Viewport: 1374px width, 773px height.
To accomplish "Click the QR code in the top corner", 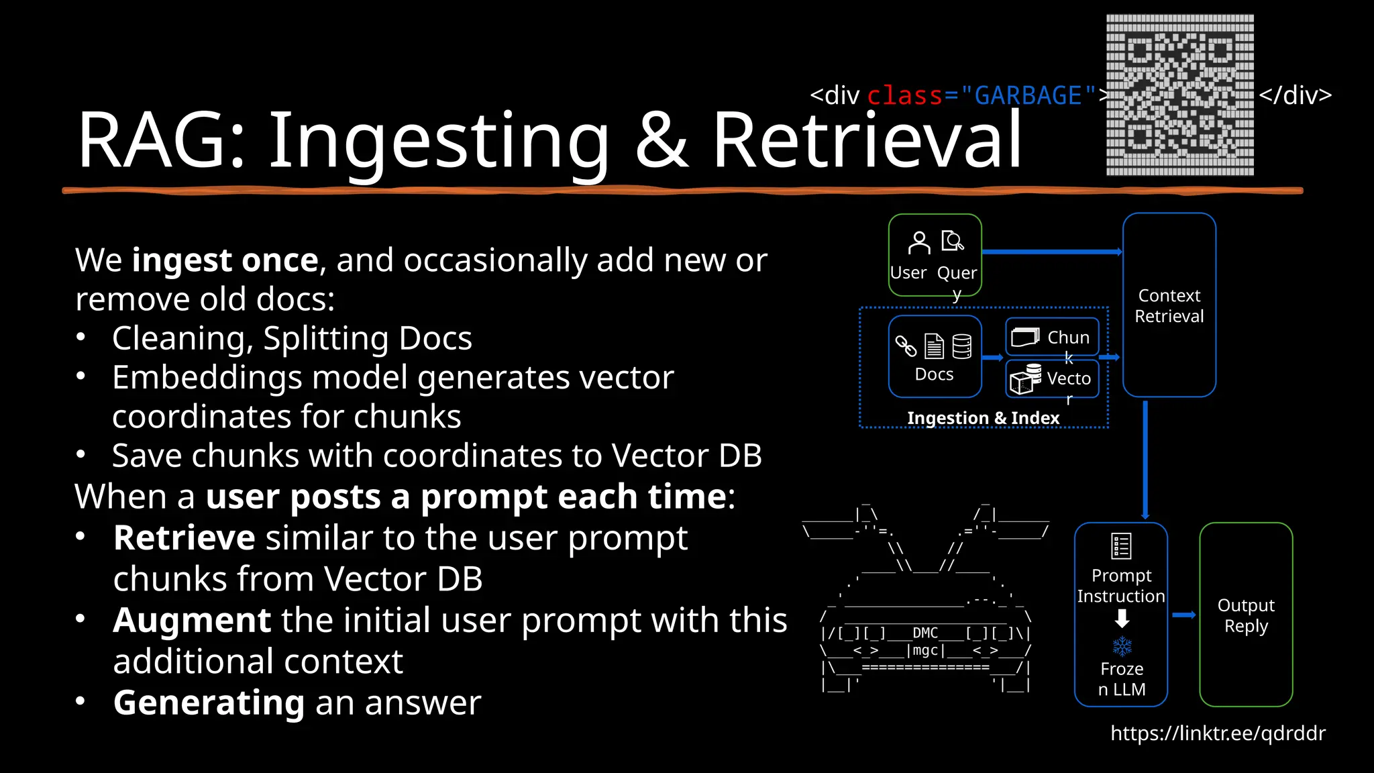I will (1179, 95).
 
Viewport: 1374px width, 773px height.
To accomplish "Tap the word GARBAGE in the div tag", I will (1028, 96).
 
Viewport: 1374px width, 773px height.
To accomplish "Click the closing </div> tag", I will (1295, 95).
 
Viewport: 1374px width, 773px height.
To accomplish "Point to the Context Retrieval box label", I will (1169, 306).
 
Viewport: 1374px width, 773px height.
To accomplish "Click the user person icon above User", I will (918, 243).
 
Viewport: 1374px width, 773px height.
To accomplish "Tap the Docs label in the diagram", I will (934, 374).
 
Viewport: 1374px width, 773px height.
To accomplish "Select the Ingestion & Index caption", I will (983, 418).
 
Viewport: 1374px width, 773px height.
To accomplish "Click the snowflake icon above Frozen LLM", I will (1122, 646).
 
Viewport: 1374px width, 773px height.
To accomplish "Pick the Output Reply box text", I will (1246, 615).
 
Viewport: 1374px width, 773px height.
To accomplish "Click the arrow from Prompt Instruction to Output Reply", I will (1184, 615).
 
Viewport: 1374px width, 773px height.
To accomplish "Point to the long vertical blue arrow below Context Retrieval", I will (1145, 460).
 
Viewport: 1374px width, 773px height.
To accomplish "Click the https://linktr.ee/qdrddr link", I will (1218, 733).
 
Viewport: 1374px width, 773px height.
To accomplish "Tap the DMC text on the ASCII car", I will (925, 633).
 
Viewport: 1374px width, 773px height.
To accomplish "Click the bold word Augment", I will (192, 620).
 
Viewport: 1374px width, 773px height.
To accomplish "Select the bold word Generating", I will (209, 703).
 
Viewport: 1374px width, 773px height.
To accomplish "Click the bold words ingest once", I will (225, 260).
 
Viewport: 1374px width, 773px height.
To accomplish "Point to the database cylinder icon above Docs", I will (961, 346).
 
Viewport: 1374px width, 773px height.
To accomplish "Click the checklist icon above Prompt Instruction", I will (1121, 546).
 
